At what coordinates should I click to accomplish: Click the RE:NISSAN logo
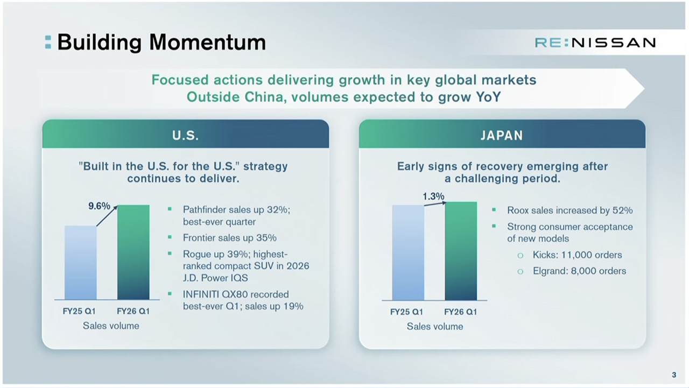595,43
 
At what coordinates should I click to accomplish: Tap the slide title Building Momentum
161,42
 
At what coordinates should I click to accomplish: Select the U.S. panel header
186,134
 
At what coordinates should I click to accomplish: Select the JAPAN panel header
502,134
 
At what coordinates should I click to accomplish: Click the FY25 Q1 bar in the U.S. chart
81,263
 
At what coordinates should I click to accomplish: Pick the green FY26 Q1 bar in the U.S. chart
133,252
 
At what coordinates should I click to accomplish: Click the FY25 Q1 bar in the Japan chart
408,253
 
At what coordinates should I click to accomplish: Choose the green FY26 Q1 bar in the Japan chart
461,251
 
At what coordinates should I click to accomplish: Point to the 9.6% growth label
99,206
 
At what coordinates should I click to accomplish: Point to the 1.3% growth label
433,196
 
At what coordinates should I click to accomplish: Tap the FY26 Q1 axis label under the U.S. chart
133,312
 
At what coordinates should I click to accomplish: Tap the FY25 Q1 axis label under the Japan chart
406,312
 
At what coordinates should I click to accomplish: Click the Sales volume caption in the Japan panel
434,327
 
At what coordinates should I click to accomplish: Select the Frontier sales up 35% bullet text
229,238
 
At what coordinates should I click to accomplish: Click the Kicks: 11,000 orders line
577,255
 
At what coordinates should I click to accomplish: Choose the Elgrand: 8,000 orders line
579,271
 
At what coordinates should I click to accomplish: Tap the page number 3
674,375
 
